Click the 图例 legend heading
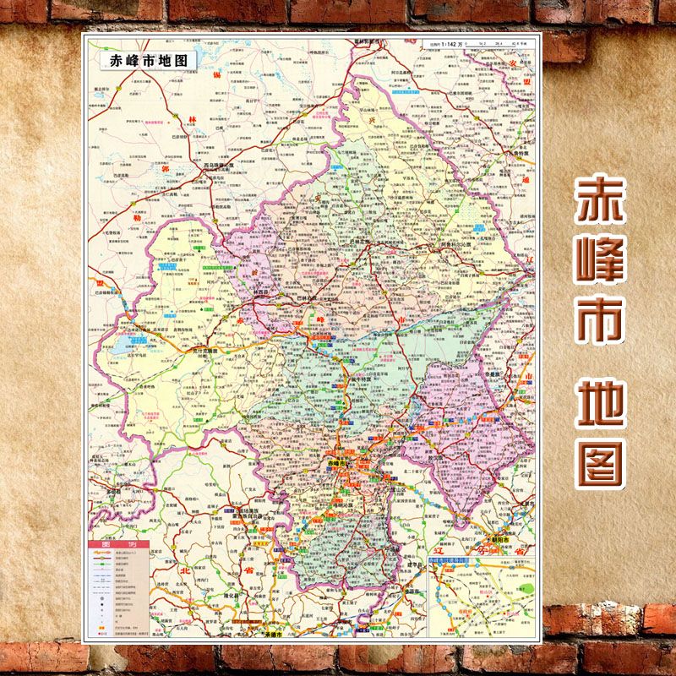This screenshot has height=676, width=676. click(118, 545)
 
